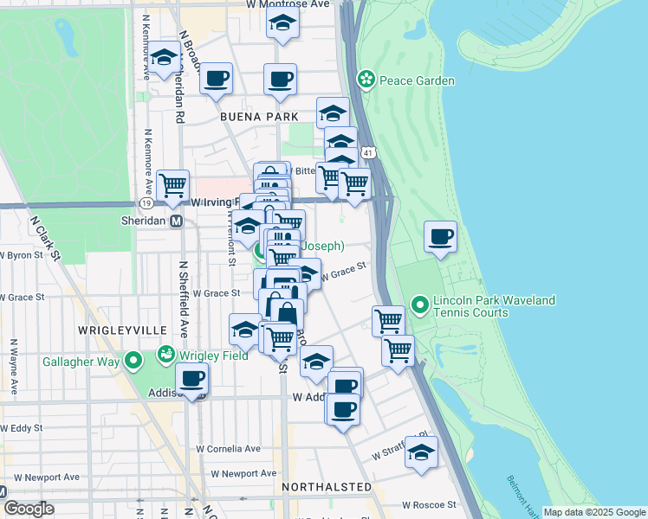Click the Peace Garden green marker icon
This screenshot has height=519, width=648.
[366, 80]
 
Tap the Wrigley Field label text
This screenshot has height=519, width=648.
[208, 354]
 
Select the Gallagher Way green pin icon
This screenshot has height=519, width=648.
[133, 360]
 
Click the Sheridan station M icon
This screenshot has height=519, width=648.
[176, 221]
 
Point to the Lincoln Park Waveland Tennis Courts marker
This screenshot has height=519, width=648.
[420, 305]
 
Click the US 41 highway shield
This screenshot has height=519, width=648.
[368, 152]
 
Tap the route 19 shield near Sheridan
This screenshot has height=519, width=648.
[147, 202]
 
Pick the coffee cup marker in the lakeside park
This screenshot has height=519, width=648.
[441, 236]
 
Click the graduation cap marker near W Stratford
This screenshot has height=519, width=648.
[421, 452]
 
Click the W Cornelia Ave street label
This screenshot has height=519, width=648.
[228, 449]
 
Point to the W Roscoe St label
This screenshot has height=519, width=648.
[429, 504]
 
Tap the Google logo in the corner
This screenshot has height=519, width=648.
[29, 509]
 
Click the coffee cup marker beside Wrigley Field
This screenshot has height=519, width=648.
[191, 377]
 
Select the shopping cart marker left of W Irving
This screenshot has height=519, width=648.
[173, 184]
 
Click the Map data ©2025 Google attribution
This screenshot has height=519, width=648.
[594, 512]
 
